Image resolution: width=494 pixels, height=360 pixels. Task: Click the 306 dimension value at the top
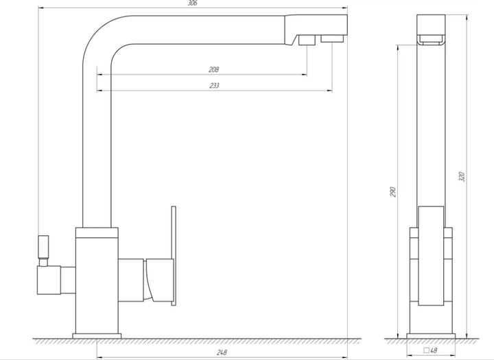192,3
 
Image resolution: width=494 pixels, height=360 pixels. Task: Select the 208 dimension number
213,69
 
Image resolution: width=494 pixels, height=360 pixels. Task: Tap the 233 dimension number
214,85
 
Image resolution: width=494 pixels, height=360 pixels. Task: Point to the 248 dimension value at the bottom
222,352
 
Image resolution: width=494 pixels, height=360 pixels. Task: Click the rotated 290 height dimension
392,192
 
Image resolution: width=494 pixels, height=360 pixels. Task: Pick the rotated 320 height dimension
461,176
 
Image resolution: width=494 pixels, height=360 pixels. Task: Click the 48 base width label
434,350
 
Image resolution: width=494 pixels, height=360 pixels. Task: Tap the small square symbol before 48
427,350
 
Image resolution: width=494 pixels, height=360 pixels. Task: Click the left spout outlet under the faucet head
307,40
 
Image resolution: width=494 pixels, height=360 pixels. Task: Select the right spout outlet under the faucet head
332,38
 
